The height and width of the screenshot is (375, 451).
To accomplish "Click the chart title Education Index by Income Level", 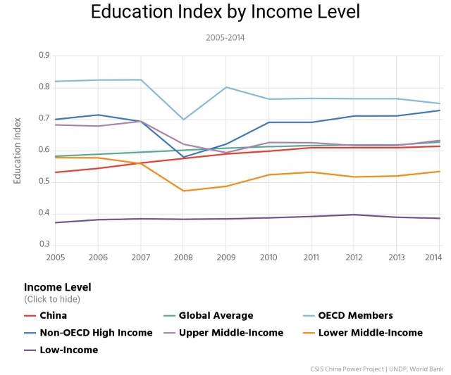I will point(225,12).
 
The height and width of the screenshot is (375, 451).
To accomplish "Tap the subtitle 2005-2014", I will point(225,37).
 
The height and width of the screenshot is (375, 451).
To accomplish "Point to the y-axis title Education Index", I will point(18,149).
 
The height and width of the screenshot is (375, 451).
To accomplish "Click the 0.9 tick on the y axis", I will point(44,55).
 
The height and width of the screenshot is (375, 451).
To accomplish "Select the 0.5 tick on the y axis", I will point(44,182).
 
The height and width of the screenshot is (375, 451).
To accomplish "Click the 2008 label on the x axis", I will point(183,258).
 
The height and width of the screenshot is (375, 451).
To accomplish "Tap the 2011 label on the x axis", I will point(310,258).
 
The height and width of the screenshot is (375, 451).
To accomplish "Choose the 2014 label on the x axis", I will point(433,258).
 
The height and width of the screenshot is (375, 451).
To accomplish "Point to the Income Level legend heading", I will point(57,287).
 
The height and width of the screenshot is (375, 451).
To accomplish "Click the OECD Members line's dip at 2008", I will point(183,120).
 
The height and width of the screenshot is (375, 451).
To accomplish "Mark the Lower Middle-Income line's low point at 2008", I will point(183,191).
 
